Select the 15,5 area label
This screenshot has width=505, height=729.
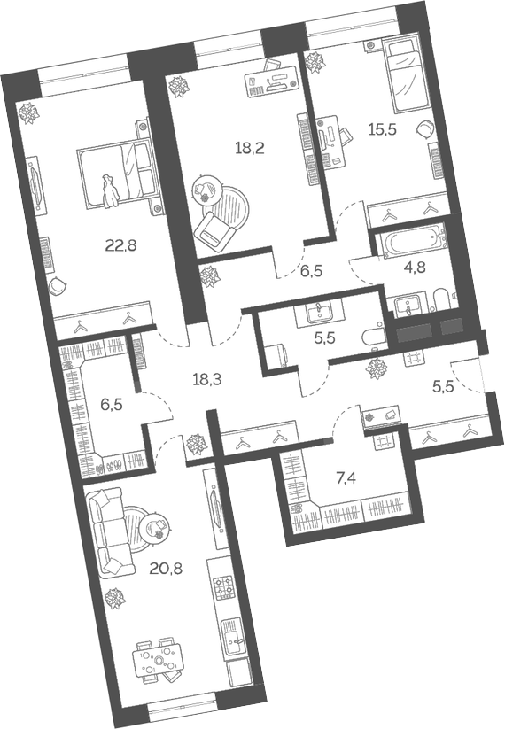pos(382,128)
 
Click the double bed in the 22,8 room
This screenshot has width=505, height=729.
pos(115,172)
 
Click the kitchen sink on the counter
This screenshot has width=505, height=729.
pos(233,632)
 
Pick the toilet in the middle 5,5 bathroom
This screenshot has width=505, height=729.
pos(372,337)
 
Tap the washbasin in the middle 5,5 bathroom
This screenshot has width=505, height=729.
pos(319,309)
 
